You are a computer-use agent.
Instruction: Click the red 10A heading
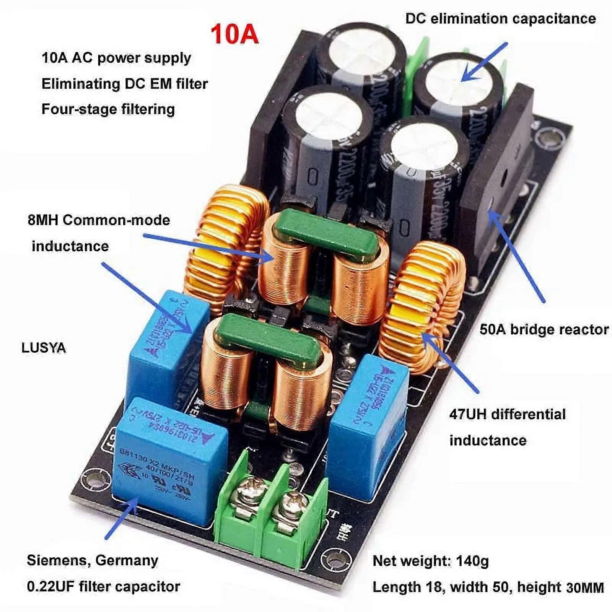click(x=234, y=34)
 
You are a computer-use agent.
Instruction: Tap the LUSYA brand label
click(x=44, y=348)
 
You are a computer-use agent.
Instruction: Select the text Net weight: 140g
click(x=431, y=561)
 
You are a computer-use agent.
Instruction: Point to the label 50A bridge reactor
click(x=544, y=329)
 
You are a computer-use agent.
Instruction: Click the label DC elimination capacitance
click(x=500, y=18)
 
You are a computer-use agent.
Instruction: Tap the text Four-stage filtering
click(x=108, y=109)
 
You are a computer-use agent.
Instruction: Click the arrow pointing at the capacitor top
click(x=484, y=61)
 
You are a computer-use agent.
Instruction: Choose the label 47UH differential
click(x=507, y=414)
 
